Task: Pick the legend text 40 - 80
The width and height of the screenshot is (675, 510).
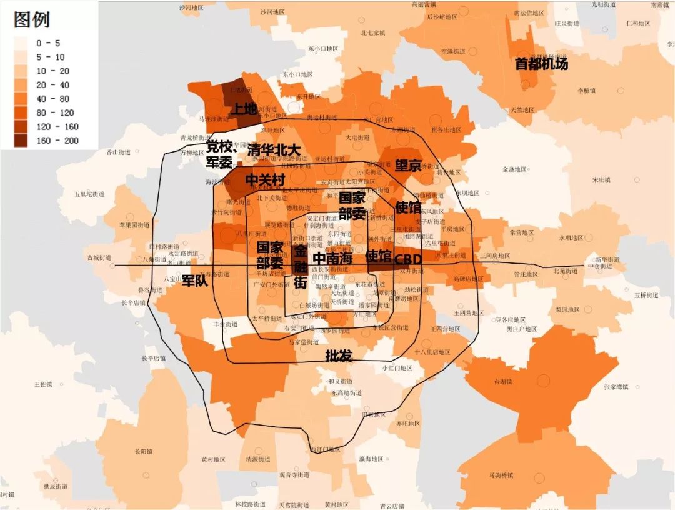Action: tap(52, 99)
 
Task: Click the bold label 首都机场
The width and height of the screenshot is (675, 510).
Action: tap(541, 64)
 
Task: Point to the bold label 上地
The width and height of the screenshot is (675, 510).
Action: tap(244, 109)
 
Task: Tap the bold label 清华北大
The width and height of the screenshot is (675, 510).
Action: tap(274, 151)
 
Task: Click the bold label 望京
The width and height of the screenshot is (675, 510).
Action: tap(408, 166)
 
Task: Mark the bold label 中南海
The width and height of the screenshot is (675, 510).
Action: tap(332, 258)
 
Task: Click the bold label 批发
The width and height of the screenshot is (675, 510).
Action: tap(339, 356)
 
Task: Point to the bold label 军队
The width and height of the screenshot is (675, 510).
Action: tap(194, 281)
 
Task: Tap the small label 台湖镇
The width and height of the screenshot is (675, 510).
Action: tap(503, 381)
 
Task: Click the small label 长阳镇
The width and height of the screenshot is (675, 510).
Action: tap(142, 451)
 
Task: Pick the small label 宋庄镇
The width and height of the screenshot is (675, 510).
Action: tap(602, 180)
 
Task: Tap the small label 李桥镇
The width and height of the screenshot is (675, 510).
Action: tap(586, 91)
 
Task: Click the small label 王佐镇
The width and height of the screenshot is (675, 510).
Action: tap(44, 384)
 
